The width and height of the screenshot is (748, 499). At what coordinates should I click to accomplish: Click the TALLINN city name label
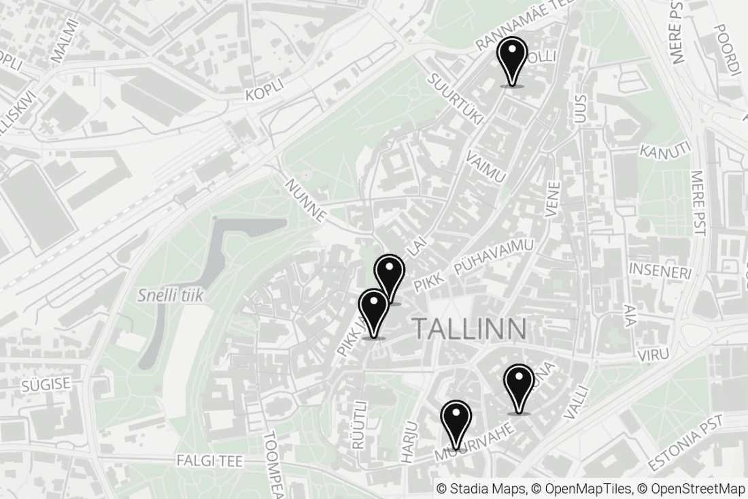[469, 329]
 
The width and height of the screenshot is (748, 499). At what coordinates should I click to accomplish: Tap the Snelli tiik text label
[170, 295]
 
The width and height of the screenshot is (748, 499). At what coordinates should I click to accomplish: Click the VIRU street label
[653, 354]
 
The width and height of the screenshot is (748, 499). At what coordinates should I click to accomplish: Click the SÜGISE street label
[46, 385]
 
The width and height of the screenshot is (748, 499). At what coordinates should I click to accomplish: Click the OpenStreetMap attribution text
[698, 488]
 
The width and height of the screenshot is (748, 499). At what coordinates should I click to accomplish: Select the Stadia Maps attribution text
[479, 488]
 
